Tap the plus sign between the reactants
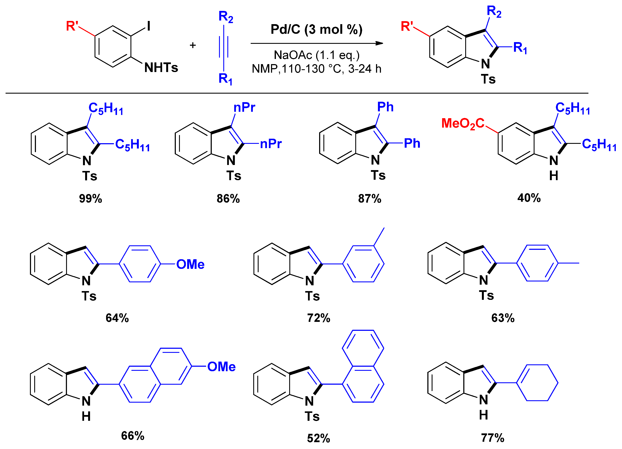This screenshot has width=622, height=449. click(193, 45)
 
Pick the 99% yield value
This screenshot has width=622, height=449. click(90, 199)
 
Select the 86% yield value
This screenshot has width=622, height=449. click(228, 199)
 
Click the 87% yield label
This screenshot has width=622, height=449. click(370, 199)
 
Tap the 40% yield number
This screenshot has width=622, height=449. click(529, 198)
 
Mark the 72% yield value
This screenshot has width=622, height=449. click(319, 318)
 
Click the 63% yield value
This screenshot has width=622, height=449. click(503, 318)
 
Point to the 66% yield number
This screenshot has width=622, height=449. click(133, 436)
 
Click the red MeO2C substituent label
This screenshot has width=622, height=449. click(463, 124)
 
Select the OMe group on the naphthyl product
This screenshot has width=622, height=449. click(221, 367)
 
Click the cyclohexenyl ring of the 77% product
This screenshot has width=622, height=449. click(537, 383)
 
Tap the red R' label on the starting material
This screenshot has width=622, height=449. click(72, 26)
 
